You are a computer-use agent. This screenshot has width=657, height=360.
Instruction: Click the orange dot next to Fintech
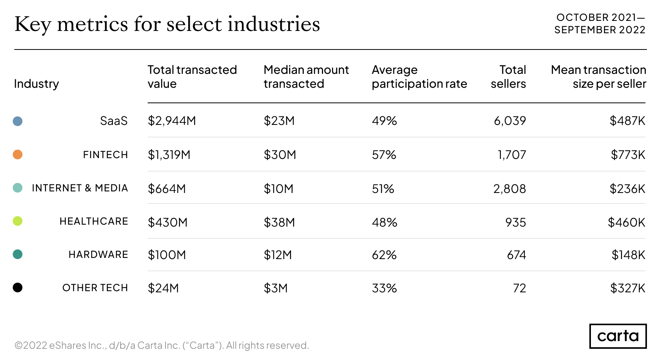click(17, 155)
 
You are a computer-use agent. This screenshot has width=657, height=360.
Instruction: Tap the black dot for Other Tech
click(17, 288)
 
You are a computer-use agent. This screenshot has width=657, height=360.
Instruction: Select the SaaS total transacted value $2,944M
click(172, 121)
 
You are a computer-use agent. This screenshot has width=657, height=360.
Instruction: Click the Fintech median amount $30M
click(279, 155)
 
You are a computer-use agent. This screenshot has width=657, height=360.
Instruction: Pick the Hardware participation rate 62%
click(384, 255)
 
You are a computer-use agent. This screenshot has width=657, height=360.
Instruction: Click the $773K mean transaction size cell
click(628, 155)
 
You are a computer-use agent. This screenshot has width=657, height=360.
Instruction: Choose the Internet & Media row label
click(80, 188)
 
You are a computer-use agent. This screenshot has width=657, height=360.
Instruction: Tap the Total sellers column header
click(508, 77)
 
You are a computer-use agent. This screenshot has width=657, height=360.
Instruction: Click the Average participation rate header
click(419, 77)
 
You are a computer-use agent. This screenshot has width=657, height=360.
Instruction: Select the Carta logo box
click(618, 336)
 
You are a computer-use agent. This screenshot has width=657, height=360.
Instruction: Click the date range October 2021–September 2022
click(600, 24)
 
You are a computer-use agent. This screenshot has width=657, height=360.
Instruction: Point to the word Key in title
click(32, 24)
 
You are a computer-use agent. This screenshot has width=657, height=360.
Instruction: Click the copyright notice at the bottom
click(162, 345)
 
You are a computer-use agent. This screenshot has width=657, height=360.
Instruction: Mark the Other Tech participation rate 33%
click(384, 288)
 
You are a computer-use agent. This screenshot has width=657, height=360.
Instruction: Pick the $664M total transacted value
click(167, 189)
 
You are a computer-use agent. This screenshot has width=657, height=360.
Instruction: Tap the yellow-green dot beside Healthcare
click(17, 221)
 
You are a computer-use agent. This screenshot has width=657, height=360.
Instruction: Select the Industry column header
click(36, 84)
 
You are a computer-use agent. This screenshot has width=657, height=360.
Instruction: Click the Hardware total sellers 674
click(516, 255)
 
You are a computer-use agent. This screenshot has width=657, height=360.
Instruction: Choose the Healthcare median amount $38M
click(279, 222)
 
